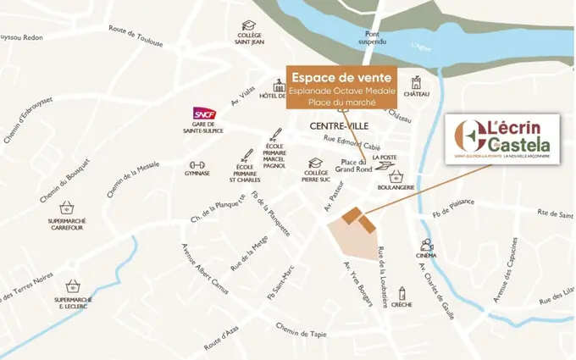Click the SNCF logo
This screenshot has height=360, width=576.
pos(204,114)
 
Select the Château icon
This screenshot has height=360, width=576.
pos(416,82)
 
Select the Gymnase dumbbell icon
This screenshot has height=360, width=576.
pos(197,163)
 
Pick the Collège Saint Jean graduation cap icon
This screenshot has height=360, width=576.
pos(249,25)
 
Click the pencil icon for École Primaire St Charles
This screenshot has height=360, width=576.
pos(246,156)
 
